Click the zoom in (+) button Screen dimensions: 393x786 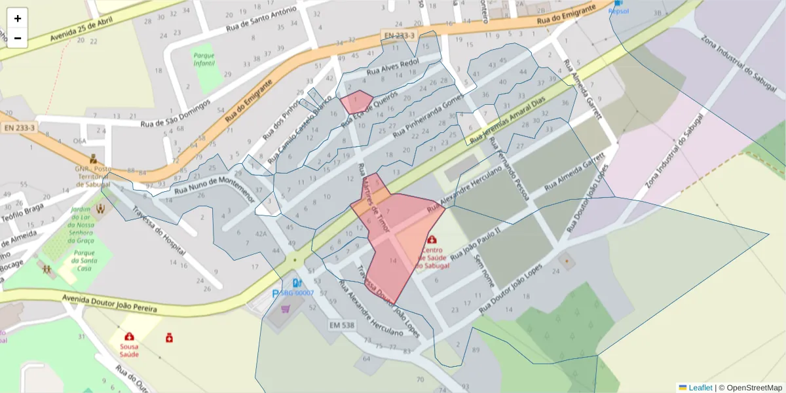click(x=18, y=18)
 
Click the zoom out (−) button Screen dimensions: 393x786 click(x=18, y=38)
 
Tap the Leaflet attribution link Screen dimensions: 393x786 click(x=700, y=387)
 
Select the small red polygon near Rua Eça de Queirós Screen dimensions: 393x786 click(x=356, y=102)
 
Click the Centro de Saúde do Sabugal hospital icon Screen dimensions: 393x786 click(x=432, y=240)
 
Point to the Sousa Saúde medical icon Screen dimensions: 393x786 click(x=129, y=337)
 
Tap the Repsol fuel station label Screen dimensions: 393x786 click(x=618, y=10)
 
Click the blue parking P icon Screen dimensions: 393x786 click(x=276, y=293)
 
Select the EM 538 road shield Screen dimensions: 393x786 click(x=341, y=325)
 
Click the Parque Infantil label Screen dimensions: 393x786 click(x=204, y=60)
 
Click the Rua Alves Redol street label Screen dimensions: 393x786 click(x=393, y=66)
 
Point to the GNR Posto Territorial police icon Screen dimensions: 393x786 click(x=94, y=159)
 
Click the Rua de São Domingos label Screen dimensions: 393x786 click(x=174, y=115)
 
